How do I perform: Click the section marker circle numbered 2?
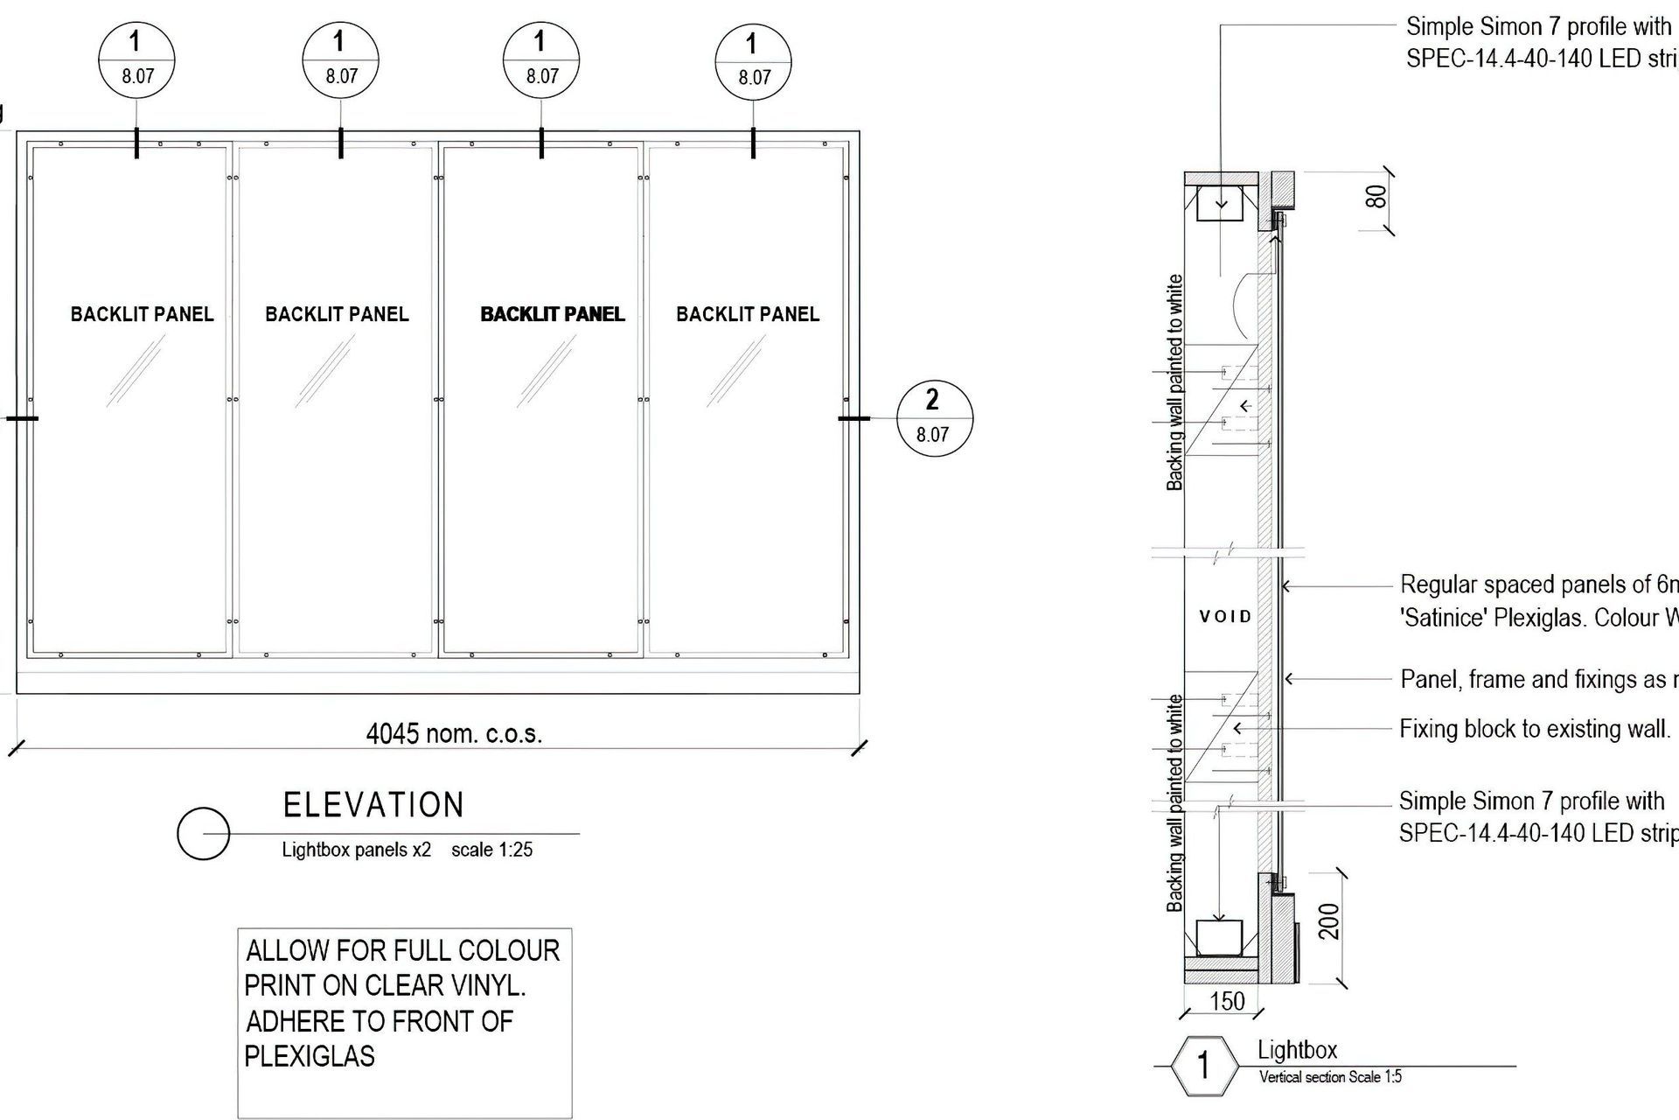pos(932,417)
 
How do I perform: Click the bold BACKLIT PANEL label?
pos(553,314)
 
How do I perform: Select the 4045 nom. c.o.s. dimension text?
pos(454,733)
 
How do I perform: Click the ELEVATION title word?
pos(373,805)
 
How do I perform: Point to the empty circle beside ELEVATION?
pos(203,834)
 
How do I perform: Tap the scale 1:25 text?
pos(491,850)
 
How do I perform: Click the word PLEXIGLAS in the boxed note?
pos(310,1056)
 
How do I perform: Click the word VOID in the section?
pos(1226,617)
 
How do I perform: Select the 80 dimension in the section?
pos(1376,196)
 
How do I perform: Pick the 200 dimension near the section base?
pos(1329,921)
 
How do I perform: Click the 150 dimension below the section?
pos(1227,1002)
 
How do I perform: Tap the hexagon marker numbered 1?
pos(1203,1066)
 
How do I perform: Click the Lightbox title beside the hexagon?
pos(1297,1050)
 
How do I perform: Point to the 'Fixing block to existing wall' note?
pos(1535,729)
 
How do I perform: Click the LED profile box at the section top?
pos(1222,203)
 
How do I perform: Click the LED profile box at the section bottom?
pos(1219,937)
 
